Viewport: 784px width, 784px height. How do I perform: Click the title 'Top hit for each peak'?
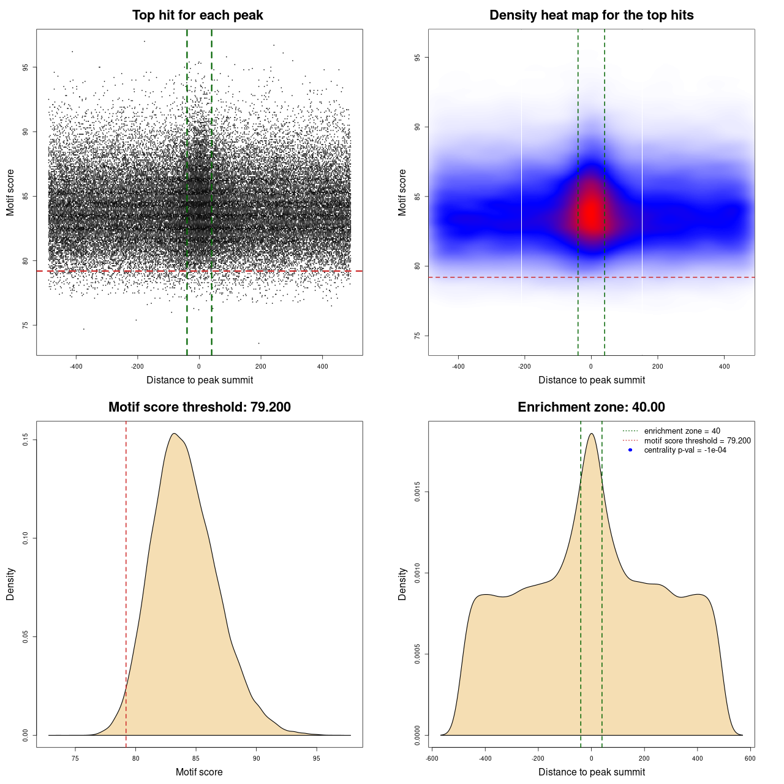pos(197,15)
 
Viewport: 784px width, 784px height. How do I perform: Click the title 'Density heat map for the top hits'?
pos(591,15)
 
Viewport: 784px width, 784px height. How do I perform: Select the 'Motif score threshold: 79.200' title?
pos(199,407)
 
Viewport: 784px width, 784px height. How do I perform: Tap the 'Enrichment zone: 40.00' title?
pos(591,407)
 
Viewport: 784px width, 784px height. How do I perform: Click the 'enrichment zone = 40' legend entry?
pos(682,431)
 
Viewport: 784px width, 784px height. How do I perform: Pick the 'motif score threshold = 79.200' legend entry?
pos(697,441)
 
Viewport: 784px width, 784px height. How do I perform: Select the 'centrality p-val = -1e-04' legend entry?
pos(685,450)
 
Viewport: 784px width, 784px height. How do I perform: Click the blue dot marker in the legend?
pos(630,450)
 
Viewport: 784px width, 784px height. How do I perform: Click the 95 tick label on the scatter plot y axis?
pos(26,67)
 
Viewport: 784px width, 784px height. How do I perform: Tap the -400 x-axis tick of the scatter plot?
pos(76,366)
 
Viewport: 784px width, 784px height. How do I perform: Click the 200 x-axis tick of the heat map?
pos(657,366)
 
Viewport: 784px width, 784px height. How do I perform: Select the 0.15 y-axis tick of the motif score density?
pos(26,440)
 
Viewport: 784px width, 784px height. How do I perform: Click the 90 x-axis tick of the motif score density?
pos(256,758)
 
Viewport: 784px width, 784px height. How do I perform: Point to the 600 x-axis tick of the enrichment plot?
pos(750,758)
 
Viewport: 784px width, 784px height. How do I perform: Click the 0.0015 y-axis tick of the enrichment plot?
pos(418,492)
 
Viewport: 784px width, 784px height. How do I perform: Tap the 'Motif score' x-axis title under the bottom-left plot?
pos(199,772)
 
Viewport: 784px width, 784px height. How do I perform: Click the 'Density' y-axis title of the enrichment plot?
pos(402,584)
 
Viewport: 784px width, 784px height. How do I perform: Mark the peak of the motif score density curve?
pos(174,434)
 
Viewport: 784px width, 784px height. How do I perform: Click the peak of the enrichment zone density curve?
pos(591,434)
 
